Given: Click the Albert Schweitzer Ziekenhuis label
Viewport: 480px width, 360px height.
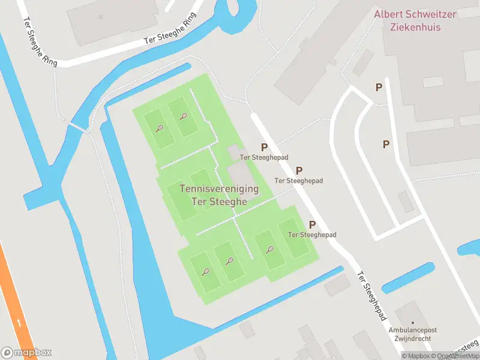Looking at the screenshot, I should pos(415,20).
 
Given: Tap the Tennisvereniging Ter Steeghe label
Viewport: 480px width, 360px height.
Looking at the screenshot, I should pos(219,195).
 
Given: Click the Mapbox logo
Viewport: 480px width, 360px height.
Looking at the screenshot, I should pos(26,352).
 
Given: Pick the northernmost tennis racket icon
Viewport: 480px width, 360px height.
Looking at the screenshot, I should pos(183,116).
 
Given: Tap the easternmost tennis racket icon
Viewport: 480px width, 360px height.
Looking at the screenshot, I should pos(270,250).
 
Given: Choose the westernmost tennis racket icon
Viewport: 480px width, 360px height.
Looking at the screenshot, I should pos(159,128).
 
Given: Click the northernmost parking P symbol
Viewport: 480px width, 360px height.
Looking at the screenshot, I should pos(379,88).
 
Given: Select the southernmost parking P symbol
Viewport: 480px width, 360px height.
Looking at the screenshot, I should pos(312,224).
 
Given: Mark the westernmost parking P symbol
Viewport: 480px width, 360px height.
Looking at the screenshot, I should pos(263,147).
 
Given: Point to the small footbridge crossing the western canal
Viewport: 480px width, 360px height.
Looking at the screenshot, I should pos(76,127).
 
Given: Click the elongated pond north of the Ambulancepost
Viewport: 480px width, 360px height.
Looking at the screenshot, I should pos(408,278).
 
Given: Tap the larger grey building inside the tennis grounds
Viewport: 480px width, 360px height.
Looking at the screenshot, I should pos(241,174).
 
